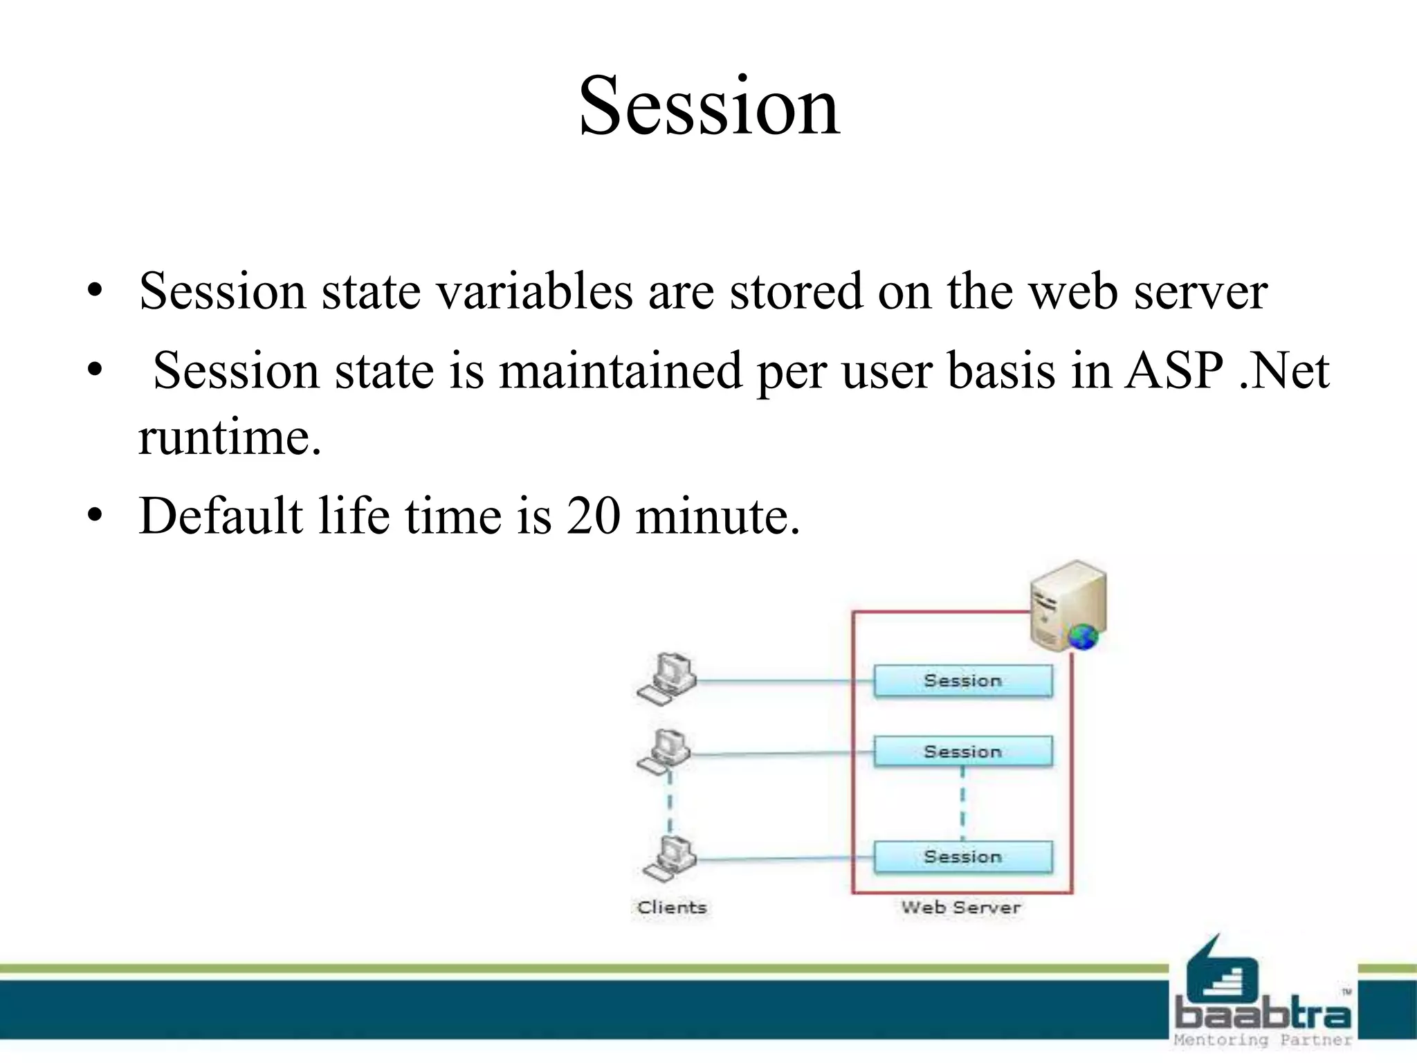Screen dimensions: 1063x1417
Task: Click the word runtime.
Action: pyautogui.click(x=230, y=438)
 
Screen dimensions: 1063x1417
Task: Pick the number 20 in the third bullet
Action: pyautogui.click(x=593, y=516)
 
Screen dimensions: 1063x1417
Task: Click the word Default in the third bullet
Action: pyautogui.click(x=221, y=516)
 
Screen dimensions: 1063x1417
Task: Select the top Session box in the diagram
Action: pyautogui.click(x=962, y=681)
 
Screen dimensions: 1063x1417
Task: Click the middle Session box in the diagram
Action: pyautogui.click(x=962, y=752)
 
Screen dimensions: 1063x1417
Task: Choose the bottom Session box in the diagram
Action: pyautogui.click(x=962, y=857)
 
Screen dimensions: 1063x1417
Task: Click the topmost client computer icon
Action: pyautogui.click(x=667, y=678)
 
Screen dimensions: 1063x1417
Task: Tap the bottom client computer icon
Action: pyautogui.click(x=669, y=858)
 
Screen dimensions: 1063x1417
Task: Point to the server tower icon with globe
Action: pyautogui.click(x=1068, y=606)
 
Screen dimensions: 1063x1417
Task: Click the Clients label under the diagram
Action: pyautogui.click(x=672, y=907)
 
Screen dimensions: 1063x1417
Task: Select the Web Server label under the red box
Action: pyautogui.click(x=960, y=907)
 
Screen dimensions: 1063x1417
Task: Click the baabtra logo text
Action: pyautogui.click(x=1262, y=1015)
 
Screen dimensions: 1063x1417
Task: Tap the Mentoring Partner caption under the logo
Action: pyautogui.click(x=1262, y=1040)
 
